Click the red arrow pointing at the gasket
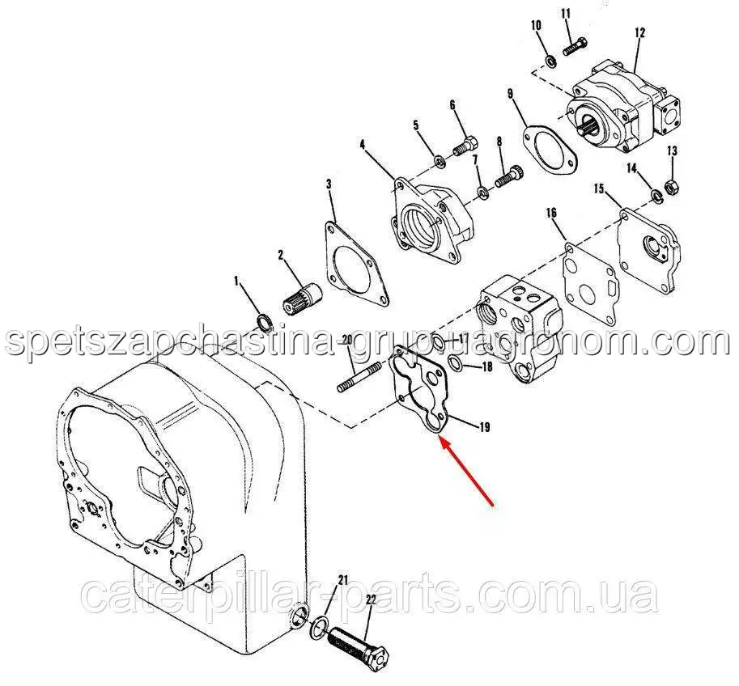click(466, 471)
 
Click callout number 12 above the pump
click(639, 33)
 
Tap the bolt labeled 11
click(575, 46)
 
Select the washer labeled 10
click(550, 61)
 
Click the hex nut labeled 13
click(672, 187)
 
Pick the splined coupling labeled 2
click(303, 298)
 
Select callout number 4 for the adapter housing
click(362, 145)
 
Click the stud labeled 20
click(360, 376)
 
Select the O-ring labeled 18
click(456, 362)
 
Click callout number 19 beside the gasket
click(485, 427)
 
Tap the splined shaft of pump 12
click(589, 129)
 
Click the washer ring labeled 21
click(320, 627)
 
